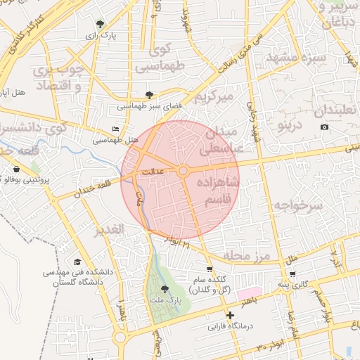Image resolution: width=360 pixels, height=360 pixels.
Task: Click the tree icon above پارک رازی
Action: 98,24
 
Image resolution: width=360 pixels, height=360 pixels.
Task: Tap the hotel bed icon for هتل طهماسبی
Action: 115,129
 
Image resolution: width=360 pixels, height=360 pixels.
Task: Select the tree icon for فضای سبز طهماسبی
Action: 148,94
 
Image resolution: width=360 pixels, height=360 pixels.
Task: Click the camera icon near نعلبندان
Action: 324,127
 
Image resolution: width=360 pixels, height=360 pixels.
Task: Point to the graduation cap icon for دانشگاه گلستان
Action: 77,262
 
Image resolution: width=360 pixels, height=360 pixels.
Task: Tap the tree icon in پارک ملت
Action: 165,288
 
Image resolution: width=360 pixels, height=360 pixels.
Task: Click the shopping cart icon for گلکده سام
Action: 209,269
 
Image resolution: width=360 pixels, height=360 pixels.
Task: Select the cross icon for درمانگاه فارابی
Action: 229,315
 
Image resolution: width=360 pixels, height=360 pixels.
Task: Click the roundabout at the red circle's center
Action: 182,171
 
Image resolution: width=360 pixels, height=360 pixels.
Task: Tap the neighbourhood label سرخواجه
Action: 297,205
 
